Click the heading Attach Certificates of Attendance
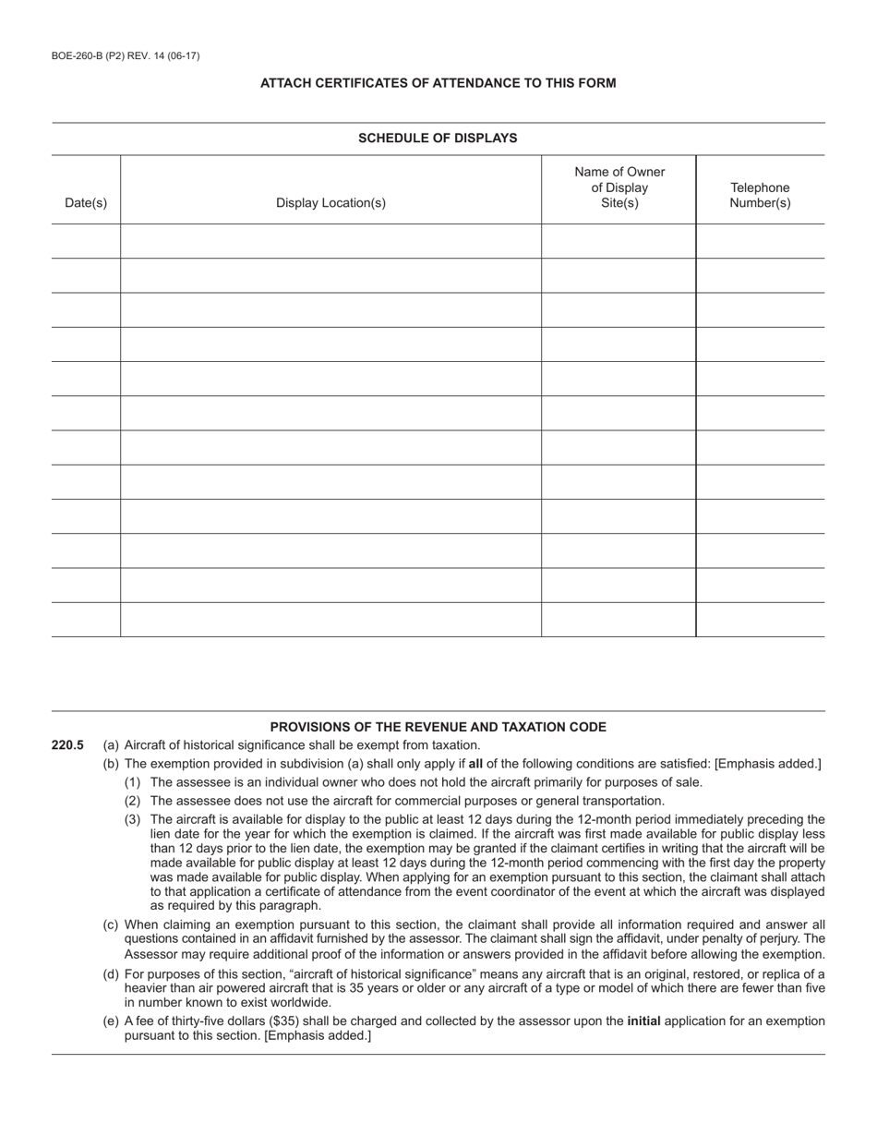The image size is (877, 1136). coord(438,83)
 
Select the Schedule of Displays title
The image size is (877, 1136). coord(438,139)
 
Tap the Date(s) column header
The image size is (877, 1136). coord(86,203)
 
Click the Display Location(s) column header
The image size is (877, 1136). coord(330,203)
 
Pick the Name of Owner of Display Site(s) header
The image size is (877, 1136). coord(619,187)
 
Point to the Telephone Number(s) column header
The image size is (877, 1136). coord(760,195)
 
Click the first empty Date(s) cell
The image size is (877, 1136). coord(86,241)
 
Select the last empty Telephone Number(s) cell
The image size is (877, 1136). coord(760,620)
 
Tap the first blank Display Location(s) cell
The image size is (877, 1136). coord(330,241)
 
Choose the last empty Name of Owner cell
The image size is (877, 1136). coord(619,620)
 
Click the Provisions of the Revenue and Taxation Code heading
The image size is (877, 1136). coord(438,727)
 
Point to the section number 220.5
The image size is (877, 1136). coord(68,745)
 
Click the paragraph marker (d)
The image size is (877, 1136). coord(111,974)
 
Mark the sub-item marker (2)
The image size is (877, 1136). coord(133,801)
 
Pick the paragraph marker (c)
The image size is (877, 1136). coord(111,925)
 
